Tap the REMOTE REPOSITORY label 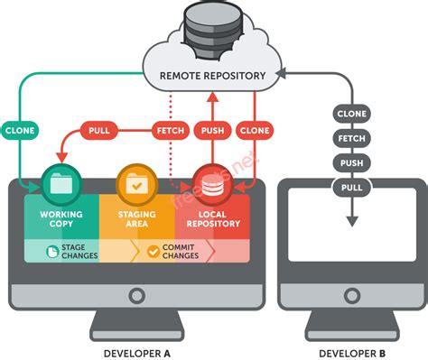212,76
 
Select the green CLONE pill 21,129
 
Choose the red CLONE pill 254,130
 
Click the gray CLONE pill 351,114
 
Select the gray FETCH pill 351,139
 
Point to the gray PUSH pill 351,163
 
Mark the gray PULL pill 351,188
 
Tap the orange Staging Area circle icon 136,184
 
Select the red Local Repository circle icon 211,184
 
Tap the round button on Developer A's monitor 137,295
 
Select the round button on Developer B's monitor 352,295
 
